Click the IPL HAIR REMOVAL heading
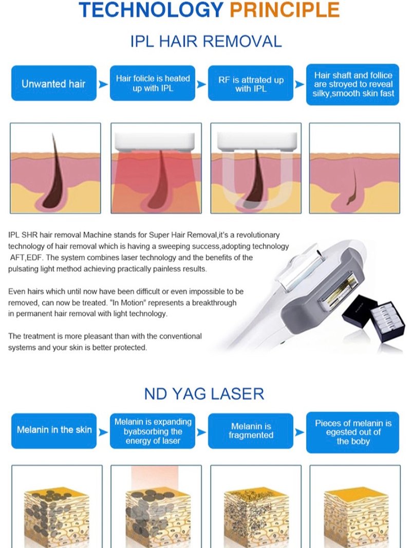coord(206,41)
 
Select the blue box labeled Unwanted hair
coord(54,83)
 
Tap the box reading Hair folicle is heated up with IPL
coord(153,83)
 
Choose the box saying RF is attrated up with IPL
coord(251,83)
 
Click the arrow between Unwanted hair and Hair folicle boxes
coord(103,84)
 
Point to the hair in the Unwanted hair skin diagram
coord(54,171)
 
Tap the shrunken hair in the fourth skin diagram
coord(352,187)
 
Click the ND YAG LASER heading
coord(204,394)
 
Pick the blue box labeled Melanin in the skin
coord(54,431)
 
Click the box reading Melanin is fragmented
coord(251,431)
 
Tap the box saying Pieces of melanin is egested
coord(352,432)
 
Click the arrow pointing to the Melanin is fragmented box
coord(201,432)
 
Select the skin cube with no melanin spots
coord(356,517)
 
